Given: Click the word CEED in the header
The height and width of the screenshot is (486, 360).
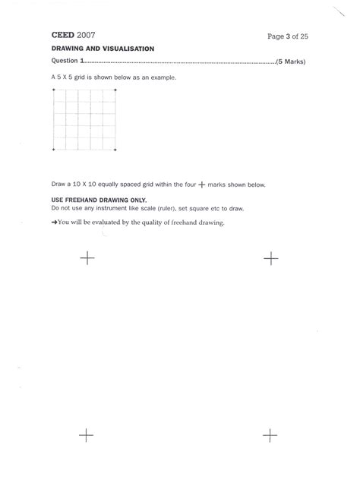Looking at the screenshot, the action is (x=63, y=35).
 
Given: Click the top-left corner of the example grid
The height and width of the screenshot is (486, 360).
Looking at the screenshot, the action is (x=54, y=90).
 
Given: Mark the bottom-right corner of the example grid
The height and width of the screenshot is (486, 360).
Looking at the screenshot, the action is (x=115, y=150).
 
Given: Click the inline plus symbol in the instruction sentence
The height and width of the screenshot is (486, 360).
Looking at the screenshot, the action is (x=201, y=185).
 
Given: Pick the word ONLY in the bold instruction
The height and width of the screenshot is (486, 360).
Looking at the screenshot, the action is (x=131, y=199).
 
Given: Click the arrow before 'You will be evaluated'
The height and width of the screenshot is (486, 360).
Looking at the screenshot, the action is (x=54, y=222).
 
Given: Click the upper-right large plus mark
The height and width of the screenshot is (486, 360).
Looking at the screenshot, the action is (x=270, y=259).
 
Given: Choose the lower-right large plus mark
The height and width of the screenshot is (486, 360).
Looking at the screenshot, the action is (x=270, y=435).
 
